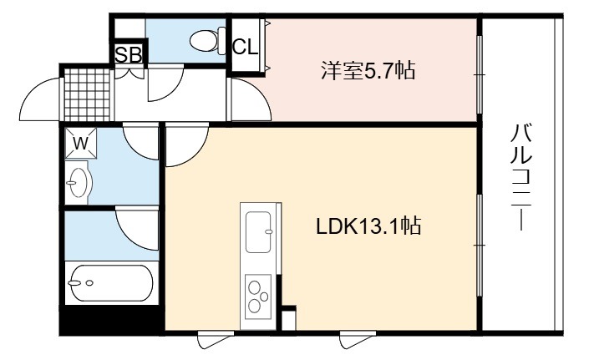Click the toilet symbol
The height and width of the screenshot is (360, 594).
pos(207,41)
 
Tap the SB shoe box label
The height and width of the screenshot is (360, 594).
pos(129,54)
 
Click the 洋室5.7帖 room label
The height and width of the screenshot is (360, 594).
pos(368,70)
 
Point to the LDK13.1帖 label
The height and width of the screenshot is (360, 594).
pos(368,226)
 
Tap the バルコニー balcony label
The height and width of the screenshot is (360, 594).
pos(520,177)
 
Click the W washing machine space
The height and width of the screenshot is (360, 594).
pos(81,143)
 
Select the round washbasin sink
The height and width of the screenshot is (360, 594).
pos(79,183)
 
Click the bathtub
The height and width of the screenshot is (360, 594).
pos(111,283)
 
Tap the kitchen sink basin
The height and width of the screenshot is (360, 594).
pos(258,232)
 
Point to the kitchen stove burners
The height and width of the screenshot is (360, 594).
pos(257,297)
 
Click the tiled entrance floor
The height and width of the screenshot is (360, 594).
pos(87,94)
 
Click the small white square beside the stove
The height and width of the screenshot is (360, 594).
pos(289,320)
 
